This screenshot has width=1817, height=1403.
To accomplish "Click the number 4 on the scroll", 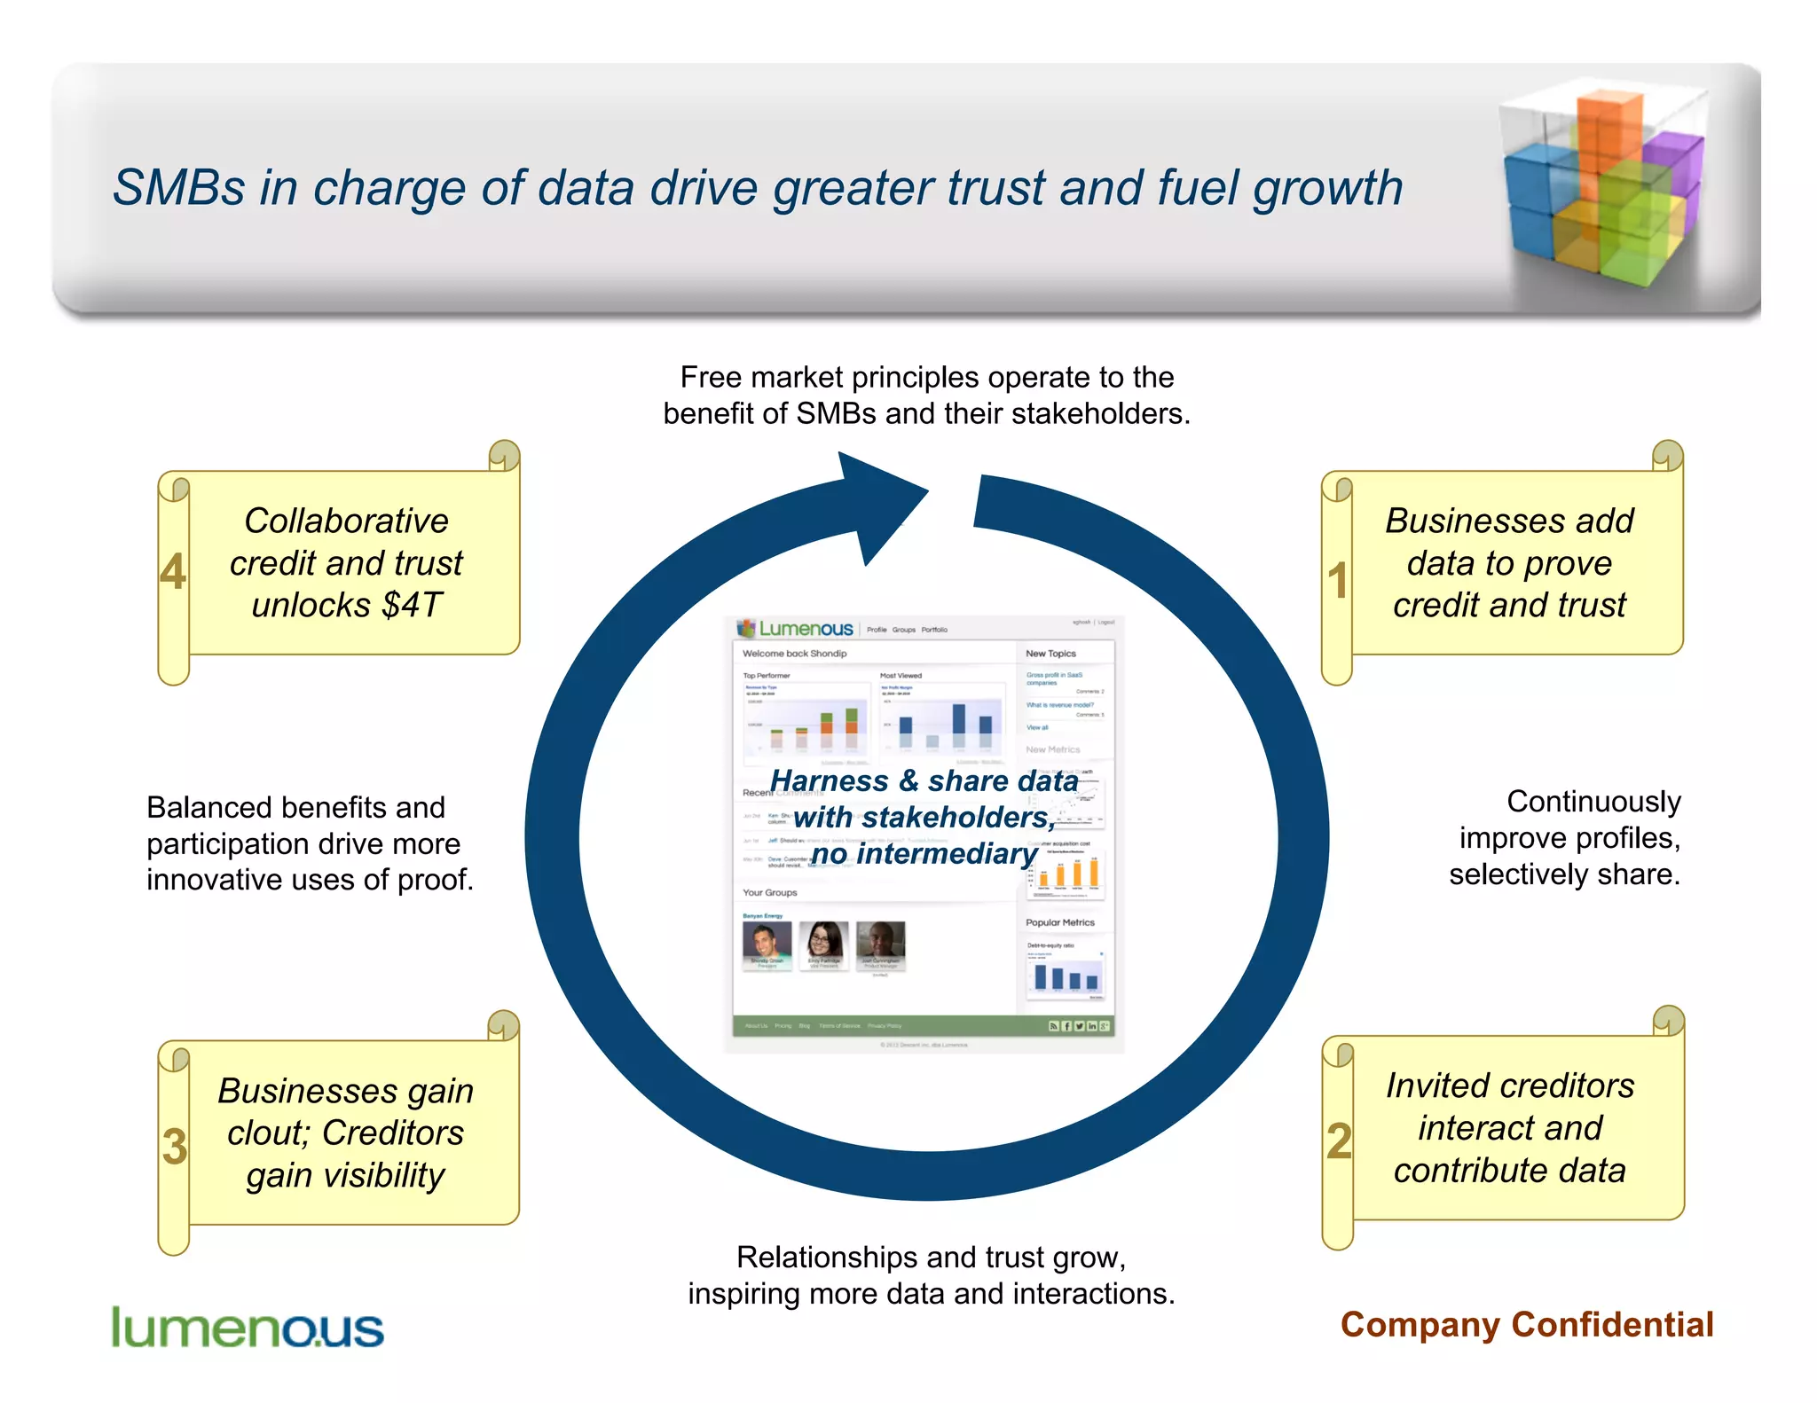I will [x=173, y=572].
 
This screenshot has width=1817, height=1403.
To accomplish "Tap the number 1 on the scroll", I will [x=1338, y=581].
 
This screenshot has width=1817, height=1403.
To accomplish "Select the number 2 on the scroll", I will [x=1339, y=1141].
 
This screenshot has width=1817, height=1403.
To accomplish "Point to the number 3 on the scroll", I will [x=175, y=1147].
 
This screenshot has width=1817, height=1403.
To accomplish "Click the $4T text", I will [x=412, y=606].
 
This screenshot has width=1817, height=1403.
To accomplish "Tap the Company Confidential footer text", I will [x=1526, y=1325].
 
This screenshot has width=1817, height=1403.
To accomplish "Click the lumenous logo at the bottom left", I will [x=247, y=1329].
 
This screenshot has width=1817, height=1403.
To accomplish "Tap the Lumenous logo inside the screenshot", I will [x=796, y=629].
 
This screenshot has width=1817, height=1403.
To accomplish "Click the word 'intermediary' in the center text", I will [x=948, y=854].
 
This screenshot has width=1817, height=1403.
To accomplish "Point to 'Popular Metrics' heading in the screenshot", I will [x=1060, y=922].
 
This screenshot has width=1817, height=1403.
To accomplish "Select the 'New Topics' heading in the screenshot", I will [x=1050, y=654].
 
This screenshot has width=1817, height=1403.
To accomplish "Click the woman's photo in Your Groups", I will [x=823, y=943].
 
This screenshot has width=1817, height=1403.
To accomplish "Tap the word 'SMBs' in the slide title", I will [x=178, y=189].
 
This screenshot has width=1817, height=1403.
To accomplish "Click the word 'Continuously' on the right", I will [x=1593, y=802].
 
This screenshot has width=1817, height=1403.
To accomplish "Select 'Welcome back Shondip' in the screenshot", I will [x=794, y=654].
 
